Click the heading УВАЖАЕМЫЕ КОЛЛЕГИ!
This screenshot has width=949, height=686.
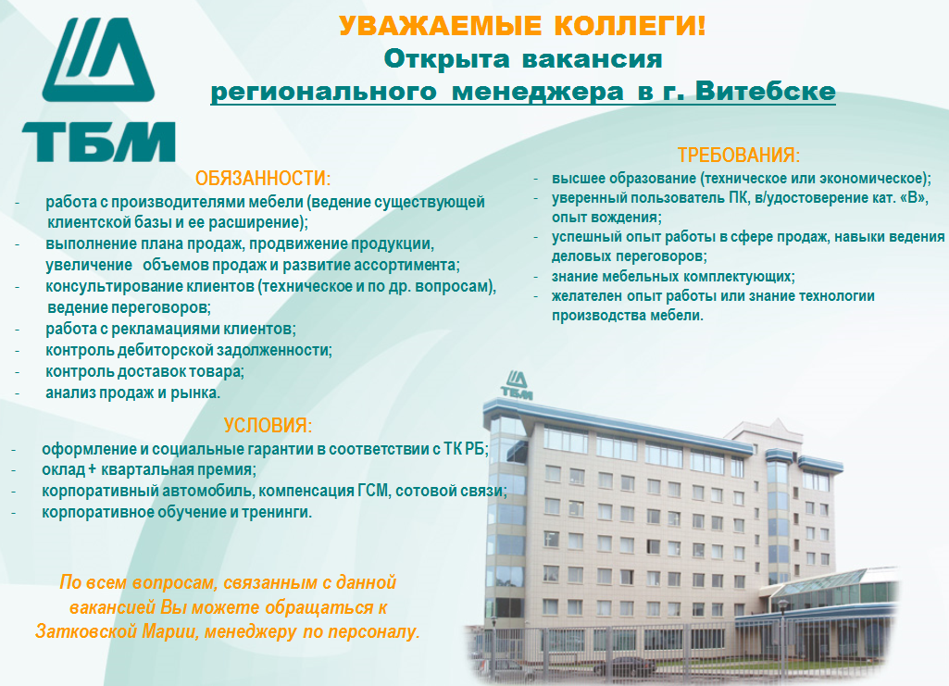coord(522,26)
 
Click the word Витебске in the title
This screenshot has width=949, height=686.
coord(766,92)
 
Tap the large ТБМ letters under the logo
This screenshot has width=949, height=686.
coord(99,143)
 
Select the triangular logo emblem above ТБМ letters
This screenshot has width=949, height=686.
coord(99,59)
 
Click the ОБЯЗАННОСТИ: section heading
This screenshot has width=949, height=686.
coord(263,179)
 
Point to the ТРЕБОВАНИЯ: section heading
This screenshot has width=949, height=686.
coord(739,156)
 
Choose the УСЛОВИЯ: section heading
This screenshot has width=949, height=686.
coord(268,425)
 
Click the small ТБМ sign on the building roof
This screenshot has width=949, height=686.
coord(517,385)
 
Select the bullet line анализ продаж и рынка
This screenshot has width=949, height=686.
coord(133,393)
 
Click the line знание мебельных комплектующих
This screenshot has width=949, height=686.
coord(673,277)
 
